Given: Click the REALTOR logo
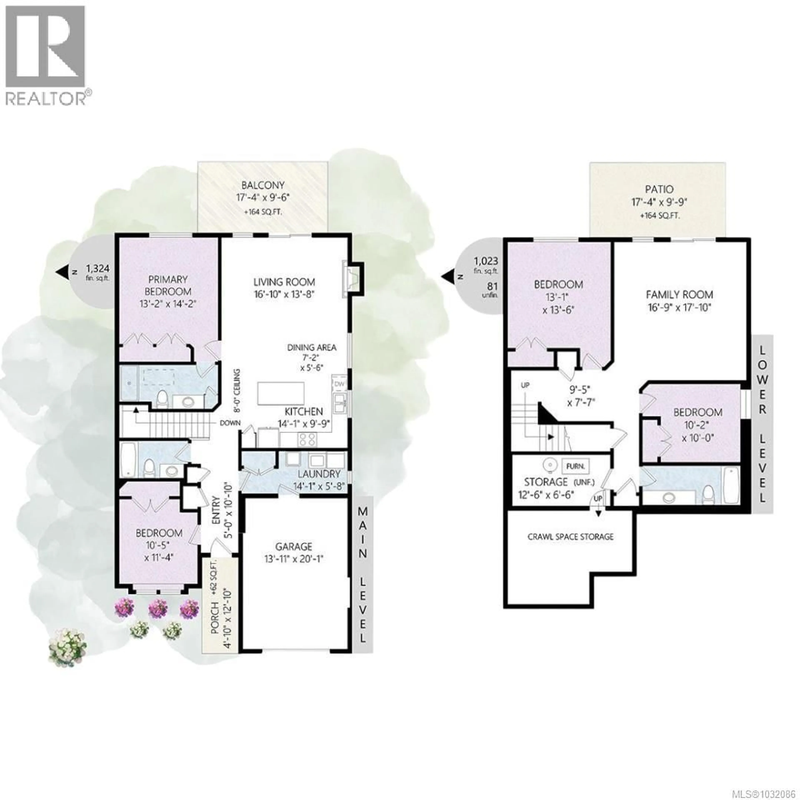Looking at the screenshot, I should coord(46,56).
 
